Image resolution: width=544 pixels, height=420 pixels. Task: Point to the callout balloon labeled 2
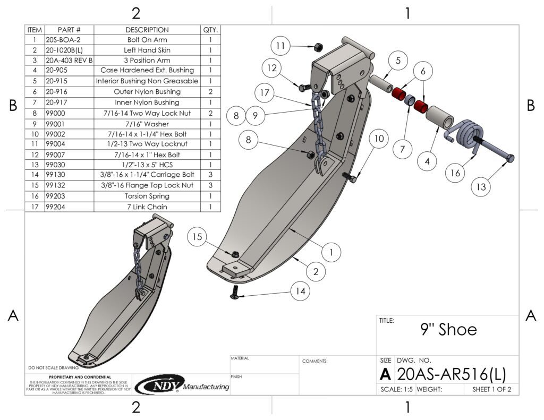[316, 272]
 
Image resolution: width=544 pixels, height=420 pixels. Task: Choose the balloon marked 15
[197, 237]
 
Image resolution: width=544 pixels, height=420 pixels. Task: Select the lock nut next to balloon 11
[314, 47]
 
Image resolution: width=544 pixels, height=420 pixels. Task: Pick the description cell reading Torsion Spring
[147, 196]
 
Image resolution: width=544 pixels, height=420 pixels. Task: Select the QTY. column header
[210, 30]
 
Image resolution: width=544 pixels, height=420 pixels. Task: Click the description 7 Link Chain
[147, 207]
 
